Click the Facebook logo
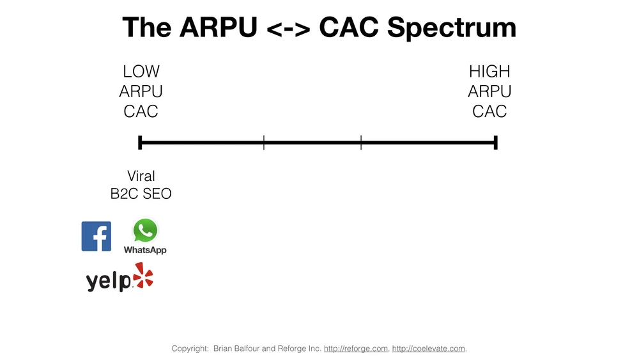pyautogui.click(x=96, y=236)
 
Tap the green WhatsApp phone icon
pyautogui.click(x=145, y=230)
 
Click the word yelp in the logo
pyautogui.click(x=108, y=281)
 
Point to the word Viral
pyautogui.click(x=141, y=176)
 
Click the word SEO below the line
pyautogui.click(x=157, y=193)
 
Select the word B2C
pyautogui.click(x=125, y=193)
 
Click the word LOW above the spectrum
pyautogui.click(x=141, y=71)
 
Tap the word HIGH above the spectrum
pyautogui.click(x=489, y=71)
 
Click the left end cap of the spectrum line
pyautogui.click(x=140, y=143)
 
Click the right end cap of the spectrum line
pyautogui.click(x=496, y=143)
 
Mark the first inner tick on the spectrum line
pyautogui.click(x=264, y=143)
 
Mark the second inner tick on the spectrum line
pyautogui.click(x=361, y=143)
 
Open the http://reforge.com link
pyautogui.click(x=356, y=348)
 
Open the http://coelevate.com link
pyautogui.click(x=429, y=348)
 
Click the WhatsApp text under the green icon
pyautogui.click(x=145, y=250)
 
